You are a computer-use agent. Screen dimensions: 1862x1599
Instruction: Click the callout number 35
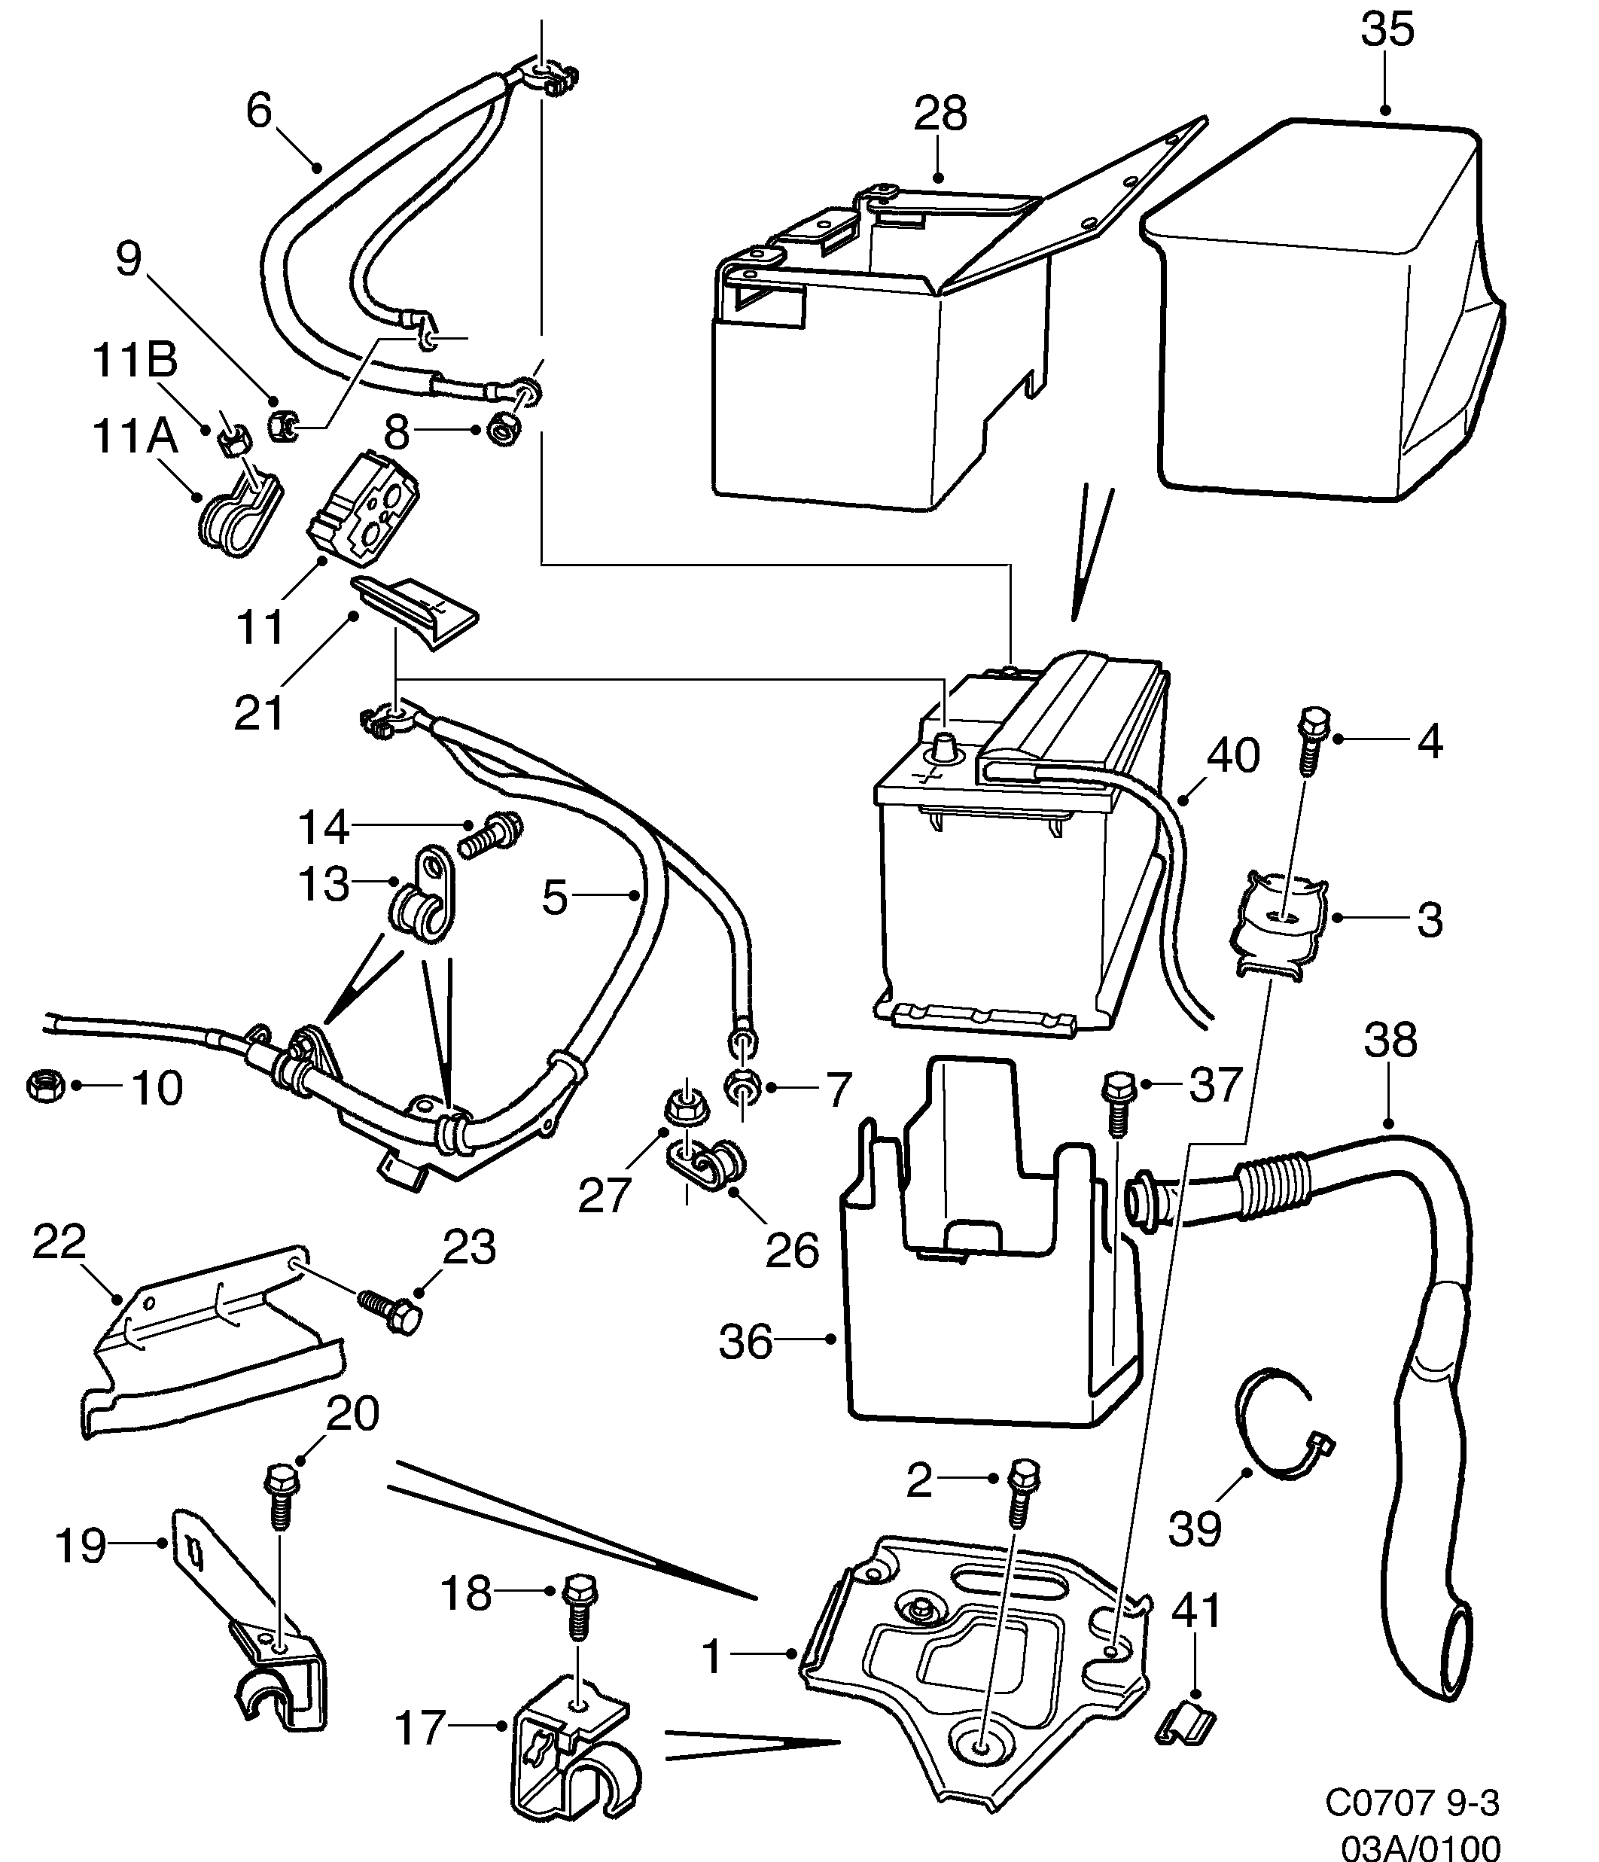click(1387, 29)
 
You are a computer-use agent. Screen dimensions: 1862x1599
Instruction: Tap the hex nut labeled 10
click(45, 1086)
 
